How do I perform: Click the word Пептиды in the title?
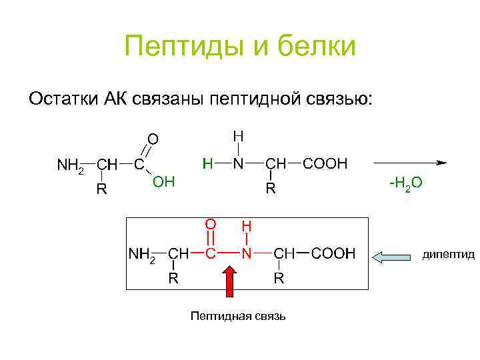point(173,47)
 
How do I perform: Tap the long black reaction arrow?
point(409,162)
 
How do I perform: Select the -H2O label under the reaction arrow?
point(406,183)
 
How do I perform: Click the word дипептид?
point(449,255)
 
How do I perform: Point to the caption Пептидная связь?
point(238,315)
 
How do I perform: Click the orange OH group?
point(163,181)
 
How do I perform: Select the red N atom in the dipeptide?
point(247,254)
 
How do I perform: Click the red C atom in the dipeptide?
point(211,254)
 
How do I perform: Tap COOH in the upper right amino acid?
point(325,163)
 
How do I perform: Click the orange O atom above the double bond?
point(153,139)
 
